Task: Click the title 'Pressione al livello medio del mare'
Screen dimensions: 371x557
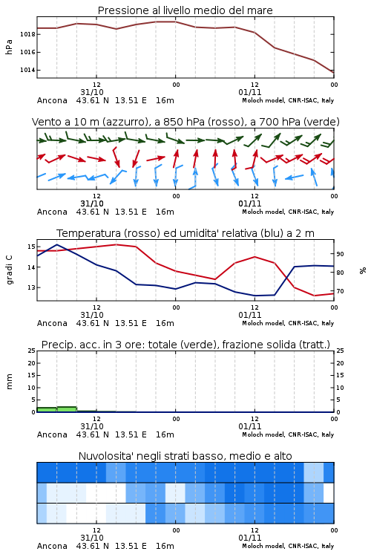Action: point(185,10)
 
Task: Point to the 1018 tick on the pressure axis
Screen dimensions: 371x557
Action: point(27,34)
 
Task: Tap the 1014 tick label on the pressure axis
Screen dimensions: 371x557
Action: point(27,70)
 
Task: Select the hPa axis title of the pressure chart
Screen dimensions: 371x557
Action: point(9,47)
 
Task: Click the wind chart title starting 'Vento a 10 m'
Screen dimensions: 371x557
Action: point(185,122)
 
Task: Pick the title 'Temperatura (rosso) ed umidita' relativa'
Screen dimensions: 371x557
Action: point(185,233)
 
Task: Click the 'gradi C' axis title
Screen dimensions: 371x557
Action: point(9,270)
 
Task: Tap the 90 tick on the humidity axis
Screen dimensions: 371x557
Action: point(340,254)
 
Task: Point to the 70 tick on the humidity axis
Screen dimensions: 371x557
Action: point(340,291)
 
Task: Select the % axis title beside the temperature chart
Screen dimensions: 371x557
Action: point(363,270)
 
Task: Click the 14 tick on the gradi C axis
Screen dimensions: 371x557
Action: point(31,267)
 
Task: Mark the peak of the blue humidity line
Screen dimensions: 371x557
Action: point(57,244)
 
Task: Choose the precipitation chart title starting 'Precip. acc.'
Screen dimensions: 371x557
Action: point(185,345)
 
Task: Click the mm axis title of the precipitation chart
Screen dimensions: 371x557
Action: point(9,382)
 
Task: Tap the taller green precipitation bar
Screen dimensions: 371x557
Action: point(67,409)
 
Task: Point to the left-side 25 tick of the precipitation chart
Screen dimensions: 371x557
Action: point(32,351)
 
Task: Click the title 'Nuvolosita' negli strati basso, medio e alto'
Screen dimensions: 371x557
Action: point(185,456)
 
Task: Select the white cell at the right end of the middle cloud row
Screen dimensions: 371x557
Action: point(329,492)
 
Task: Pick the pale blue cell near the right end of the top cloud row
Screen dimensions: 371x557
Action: point(313,472)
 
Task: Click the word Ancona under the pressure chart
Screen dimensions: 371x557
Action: point(52,100)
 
